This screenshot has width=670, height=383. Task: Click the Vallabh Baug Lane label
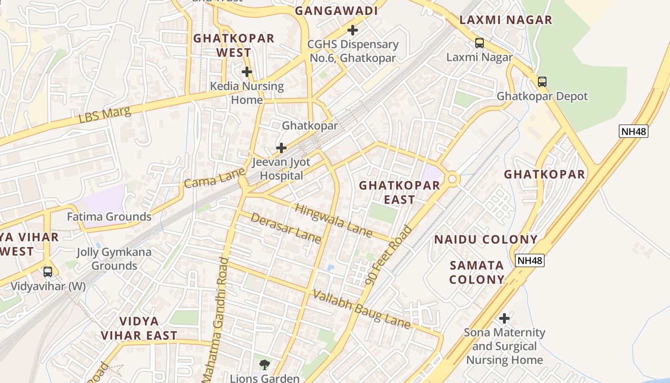[362, 309]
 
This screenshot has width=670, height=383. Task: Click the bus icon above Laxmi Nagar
[479, 43]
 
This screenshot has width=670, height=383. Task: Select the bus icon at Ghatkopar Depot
[542, 81]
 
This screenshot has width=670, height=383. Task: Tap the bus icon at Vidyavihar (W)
[48, 272]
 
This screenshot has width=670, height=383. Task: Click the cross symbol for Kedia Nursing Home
[247, 72]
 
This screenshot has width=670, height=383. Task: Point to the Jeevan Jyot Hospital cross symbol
[281, 147]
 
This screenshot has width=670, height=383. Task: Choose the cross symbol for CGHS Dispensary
[353, 30]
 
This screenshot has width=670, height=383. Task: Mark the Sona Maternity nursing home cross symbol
[504, 318]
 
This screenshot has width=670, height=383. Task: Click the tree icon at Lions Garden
[264, 365]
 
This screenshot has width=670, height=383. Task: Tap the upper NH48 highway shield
[633, 131]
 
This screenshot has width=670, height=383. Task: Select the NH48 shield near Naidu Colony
[530, 260]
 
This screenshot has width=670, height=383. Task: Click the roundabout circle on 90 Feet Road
[452, 180]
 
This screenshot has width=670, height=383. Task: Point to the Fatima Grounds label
[109, 216]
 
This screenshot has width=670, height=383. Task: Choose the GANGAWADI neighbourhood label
[336, 11]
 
